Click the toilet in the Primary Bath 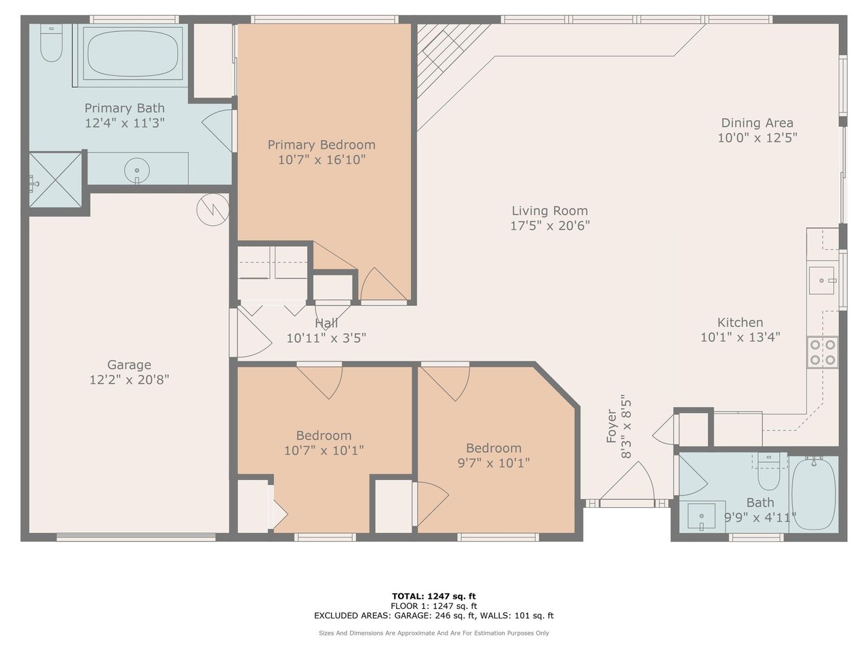click(52, 43)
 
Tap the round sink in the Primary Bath click(137, 171)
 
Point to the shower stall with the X click(56, 180)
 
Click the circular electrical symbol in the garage click(213, 210)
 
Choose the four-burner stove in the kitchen click(823, 352)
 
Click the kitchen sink click(822, 280)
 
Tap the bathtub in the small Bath click(814, 494)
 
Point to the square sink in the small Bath click(701, 516)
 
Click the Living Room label click(550, 211)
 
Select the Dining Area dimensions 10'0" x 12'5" click(757, 138)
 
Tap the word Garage click(130, 365)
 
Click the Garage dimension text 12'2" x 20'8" click(130, 380)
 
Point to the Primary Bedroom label click(321, 144)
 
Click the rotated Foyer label click(612, 427)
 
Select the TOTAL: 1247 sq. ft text click(434, 596)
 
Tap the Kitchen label click(741, 323)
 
